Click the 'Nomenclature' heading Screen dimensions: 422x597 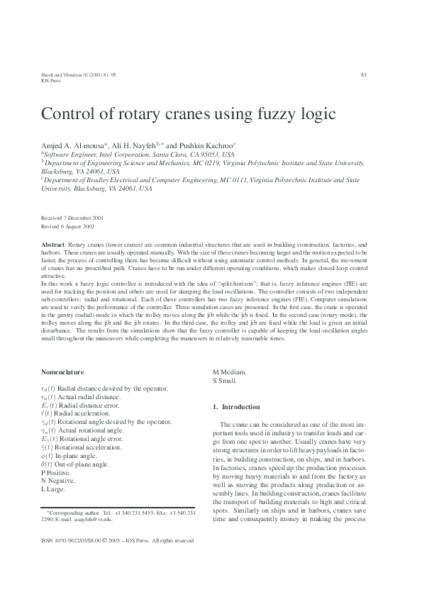pyautogui.click(x=63, y=372)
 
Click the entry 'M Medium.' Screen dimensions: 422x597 pyautogui.click(x=231, y=372)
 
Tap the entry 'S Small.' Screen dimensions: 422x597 pyautogui.click(x=225, y=381)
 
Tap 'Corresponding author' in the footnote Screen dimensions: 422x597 pyautogui.click(x=74, y=511)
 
